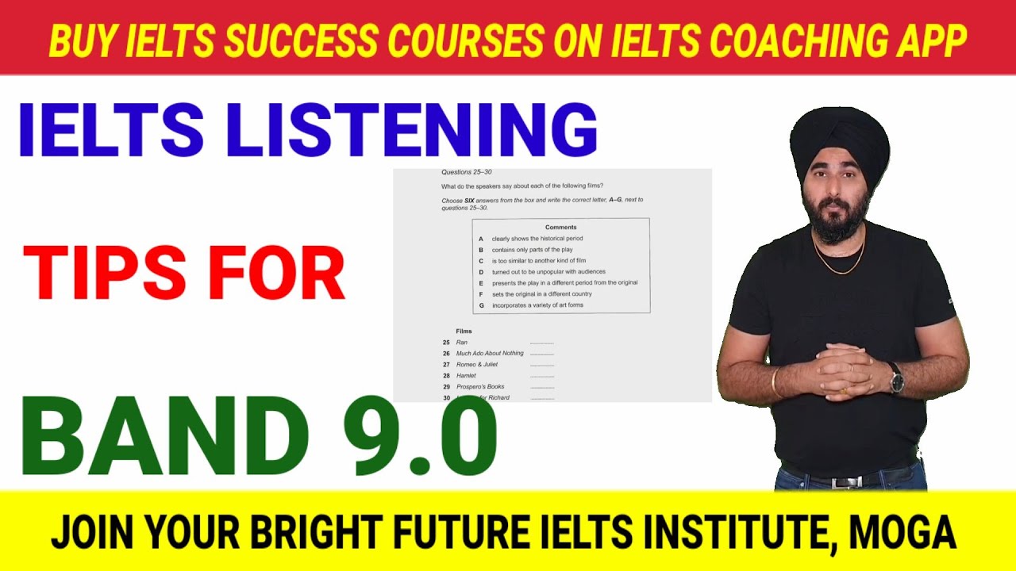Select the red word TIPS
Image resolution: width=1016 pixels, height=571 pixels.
[x=103, y=274]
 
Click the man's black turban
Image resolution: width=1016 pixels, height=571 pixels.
[x=839, y=148]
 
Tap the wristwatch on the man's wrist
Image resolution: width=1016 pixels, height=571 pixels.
[x=897, y=378]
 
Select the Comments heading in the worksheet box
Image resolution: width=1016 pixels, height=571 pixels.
[x=561, y=228]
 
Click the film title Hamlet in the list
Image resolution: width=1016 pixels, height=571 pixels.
[x=466, y=375]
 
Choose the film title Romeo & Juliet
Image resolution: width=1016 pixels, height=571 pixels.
[x=477, y=364]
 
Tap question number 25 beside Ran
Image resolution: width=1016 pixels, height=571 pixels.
[x=446, y=342]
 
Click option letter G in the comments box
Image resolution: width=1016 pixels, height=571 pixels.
[x=481, y=305]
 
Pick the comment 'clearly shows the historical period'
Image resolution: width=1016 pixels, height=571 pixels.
[x=537, y=239]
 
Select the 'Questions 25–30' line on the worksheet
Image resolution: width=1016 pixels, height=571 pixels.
[x=467, y=172]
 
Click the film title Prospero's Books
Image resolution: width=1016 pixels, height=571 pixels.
[x=480, y=386]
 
